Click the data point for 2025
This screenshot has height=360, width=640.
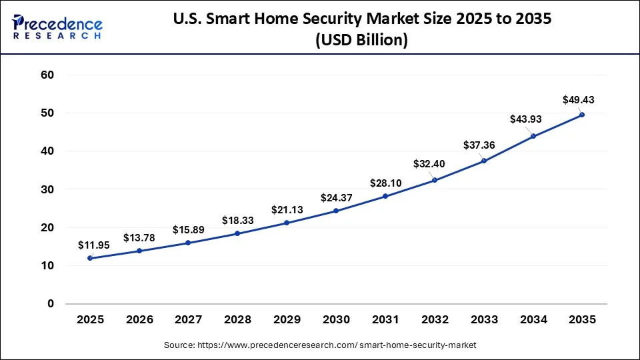90,258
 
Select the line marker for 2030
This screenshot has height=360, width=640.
336,211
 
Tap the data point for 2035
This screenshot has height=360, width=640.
582,115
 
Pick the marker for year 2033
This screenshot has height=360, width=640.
483,161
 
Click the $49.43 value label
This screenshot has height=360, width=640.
577,100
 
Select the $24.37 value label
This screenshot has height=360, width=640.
337,197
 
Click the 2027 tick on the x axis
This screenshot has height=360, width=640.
189,320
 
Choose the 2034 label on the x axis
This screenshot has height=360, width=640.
533,320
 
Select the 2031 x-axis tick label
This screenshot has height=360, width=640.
385,320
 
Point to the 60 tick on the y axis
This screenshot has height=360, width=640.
46,75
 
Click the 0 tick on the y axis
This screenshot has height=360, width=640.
50,304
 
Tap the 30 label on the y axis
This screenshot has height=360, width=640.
46,190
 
